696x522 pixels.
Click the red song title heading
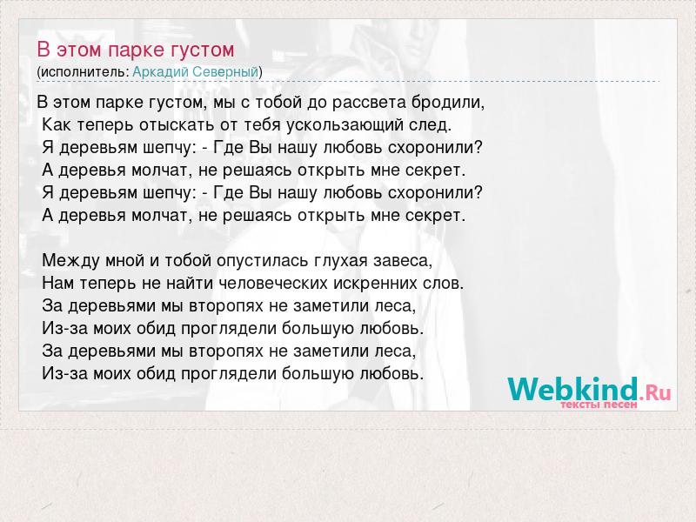point(136,50)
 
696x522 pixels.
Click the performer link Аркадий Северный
point(195,72)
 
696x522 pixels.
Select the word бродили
point(448,103)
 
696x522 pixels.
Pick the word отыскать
point(177,125)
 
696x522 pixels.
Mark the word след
point(430,125)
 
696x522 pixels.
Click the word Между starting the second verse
point(70,260)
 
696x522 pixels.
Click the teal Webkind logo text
point(572,388)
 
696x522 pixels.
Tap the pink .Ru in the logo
point(655,392)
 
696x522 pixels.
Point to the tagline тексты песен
point(599,405)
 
